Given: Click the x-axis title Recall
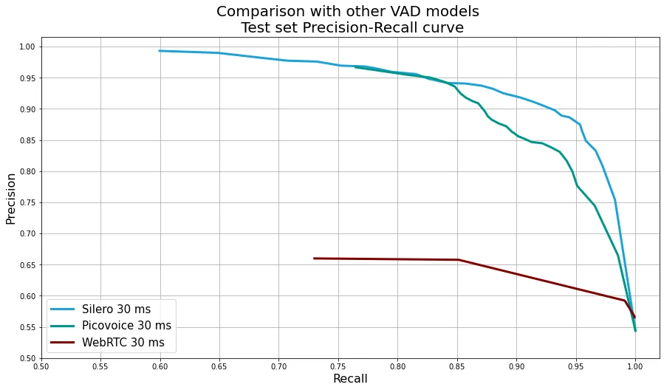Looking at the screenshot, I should (350, 379).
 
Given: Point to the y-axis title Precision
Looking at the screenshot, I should (11, 199).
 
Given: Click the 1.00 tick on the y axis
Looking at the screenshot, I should (27, 47).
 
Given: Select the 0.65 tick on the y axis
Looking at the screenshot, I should (27, 265).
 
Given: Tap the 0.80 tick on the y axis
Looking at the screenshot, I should (27, 171).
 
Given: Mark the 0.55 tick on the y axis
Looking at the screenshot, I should (27, 327).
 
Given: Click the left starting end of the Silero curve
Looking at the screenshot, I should (160, 51).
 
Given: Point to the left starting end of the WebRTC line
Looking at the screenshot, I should (314, 259).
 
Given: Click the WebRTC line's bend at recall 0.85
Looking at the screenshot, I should (458, 260).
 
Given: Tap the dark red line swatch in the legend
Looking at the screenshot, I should (63, 343).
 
